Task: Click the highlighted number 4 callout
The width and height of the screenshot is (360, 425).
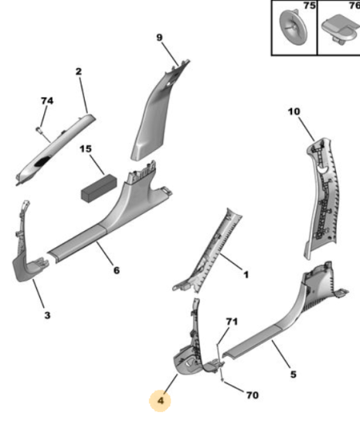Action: pyautogui.click(x=160, y=400)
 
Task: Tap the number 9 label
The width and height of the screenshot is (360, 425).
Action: pyautogui.click(x=160, y=37)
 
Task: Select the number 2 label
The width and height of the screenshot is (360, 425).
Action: pyautogui.click(x=78, y=71)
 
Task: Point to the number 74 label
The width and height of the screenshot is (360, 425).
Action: pyautogui.click(x=47, y=100)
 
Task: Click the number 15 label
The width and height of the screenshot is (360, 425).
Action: pyautogui.click(x=86, y=149)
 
